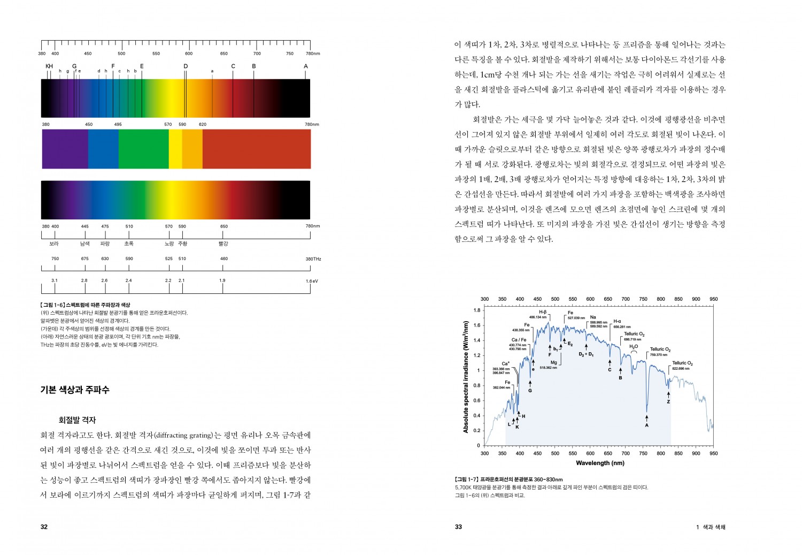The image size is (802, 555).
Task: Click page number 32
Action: pyautogui.click(x=44, y=527)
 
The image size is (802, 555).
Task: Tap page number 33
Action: pyautogui.click(x=458, y=527)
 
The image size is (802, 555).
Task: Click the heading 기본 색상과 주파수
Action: pyautogui.click(x=75, y=390)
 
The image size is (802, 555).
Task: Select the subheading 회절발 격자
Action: pyautogui.click(x=77, y=420)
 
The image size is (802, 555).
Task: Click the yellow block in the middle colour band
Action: pyautogui.click(x=175, y=149)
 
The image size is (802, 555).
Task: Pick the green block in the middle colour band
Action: pyautogui.click(x=143, y=149)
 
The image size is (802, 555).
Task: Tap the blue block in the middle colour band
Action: pyautogui.click(x=103, y=149)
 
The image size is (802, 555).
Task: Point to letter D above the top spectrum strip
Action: pyautogui.click(x=186, y=66)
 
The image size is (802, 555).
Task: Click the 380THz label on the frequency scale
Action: pyautogui.click(x=313, y=259)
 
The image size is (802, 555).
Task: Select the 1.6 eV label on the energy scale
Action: pyautogui.click(x=312, y=281)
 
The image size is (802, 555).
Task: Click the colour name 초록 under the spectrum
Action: pyautogui.click(x=129, y=244)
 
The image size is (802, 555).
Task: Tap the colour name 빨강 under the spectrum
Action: pyautogui.click(x=223, y=244)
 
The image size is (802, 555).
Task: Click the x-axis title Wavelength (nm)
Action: pyautogui.click(x=600, y=463)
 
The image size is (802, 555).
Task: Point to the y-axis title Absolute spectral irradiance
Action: pyautogui.click(x=466, y=377)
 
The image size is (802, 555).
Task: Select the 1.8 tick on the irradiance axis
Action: pyautogui.click(x=477, y=310)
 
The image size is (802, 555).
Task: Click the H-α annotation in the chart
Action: pyautogui.click(x=617, y=322)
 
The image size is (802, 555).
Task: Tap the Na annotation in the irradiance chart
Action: pyautogui.click(x=593, y=317)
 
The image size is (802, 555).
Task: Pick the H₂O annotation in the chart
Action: pyautogui.click(x=634, y=347)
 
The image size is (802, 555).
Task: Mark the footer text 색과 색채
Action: pyautogui.click(x=714, y=527)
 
